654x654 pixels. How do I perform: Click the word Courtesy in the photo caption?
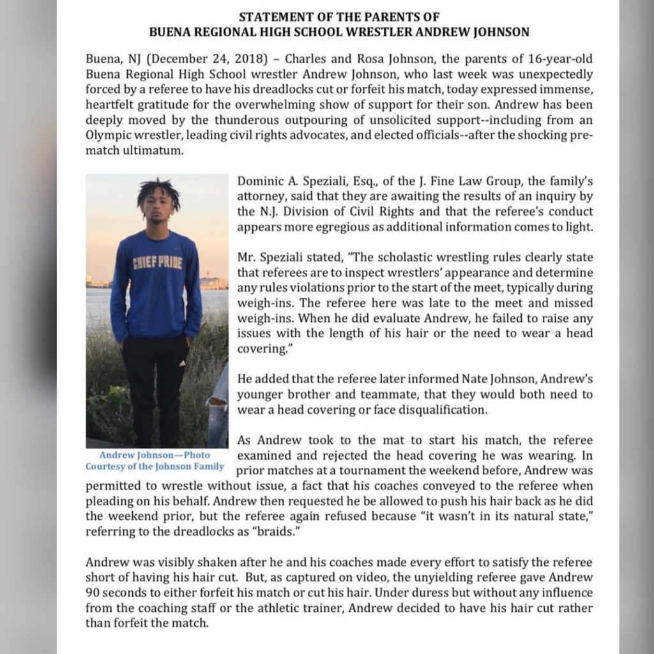click(107, 466)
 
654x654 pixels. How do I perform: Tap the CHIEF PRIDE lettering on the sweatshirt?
click(157, 262)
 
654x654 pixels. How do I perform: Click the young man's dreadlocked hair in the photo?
click(158, 190)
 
